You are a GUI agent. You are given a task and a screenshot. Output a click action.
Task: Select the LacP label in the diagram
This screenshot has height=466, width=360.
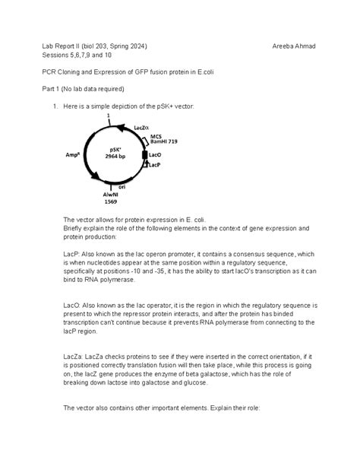154,164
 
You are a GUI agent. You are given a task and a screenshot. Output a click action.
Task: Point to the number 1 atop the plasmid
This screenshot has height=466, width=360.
109,115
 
